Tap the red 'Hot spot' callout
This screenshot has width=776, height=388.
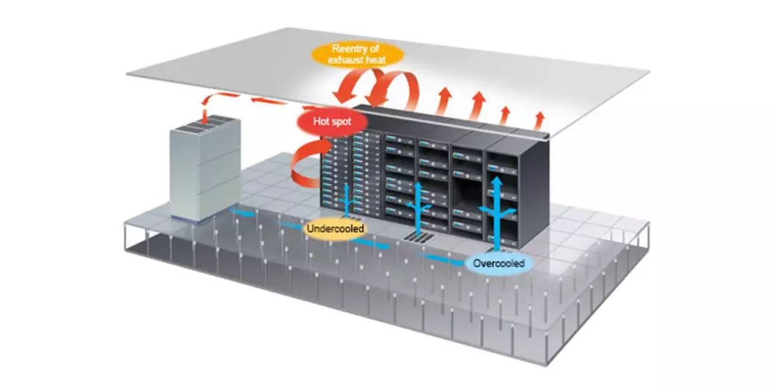pyautogui.click(x=326, y=120)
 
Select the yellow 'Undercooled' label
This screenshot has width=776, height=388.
pyautogui.click(x=336, y=228)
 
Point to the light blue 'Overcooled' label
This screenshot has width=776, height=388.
pyautogui.click(x=499, y=263)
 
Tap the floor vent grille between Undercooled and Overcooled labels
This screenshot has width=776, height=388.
pyautogui.click(x=419, y=237)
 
